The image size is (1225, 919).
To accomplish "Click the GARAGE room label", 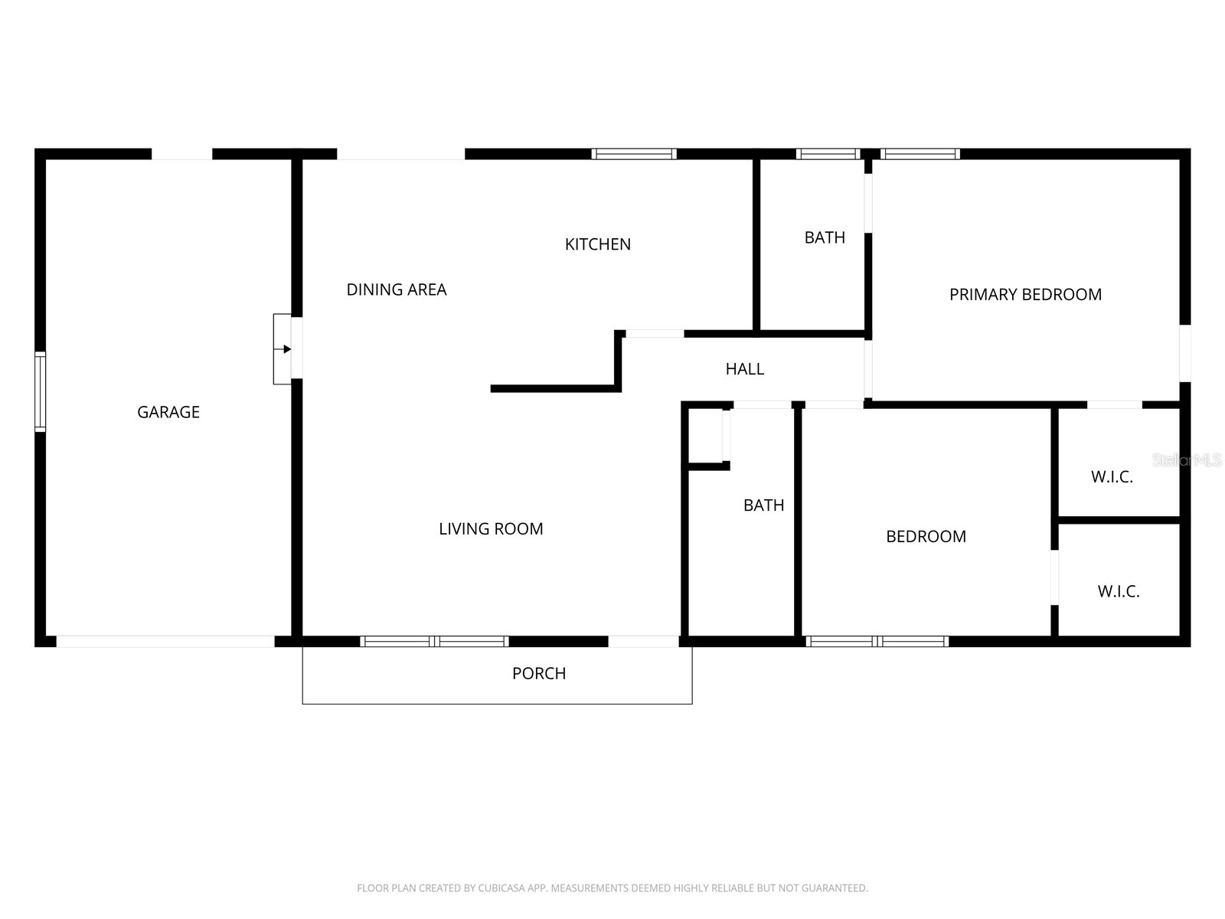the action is point(168,412).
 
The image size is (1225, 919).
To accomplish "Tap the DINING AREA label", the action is point(397,289).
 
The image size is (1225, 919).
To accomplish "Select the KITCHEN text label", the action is point(598,244).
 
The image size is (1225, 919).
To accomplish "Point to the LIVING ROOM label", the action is point(491,528).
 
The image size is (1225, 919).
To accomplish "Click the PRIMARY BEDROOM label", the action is point(1025,295).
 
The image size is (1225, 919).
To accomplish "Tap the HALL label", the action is point(744,369).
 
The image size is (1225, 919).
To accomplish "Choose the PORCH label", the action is point(538,673).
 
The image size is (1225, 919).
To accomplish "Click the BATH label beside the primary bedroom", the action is point(825,237).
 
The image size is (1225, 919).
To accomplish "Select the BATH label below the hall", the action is point(763,505).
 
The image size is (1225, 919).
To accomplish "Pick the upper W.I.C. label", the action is point(1112,477).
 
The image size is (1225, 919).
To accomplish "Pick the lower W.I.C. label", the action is point(1119,591).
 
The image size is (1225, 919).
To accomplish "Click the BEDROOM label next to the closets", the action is point(926,536).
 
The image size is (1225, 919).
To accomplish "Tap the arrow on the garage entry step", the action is point(283,349).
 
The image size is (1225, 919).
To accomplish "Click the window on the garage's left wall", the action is point(40,391).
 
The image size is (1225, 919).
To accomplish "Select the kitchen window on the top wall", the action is point(634,154).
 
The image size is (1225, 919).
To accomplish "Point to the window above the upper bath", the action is point(828,154).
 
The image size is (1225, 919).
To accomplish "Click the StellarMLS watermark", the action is point(1187,460).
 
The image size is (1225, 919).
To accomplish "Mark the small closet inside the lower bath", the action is point(705,436).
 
